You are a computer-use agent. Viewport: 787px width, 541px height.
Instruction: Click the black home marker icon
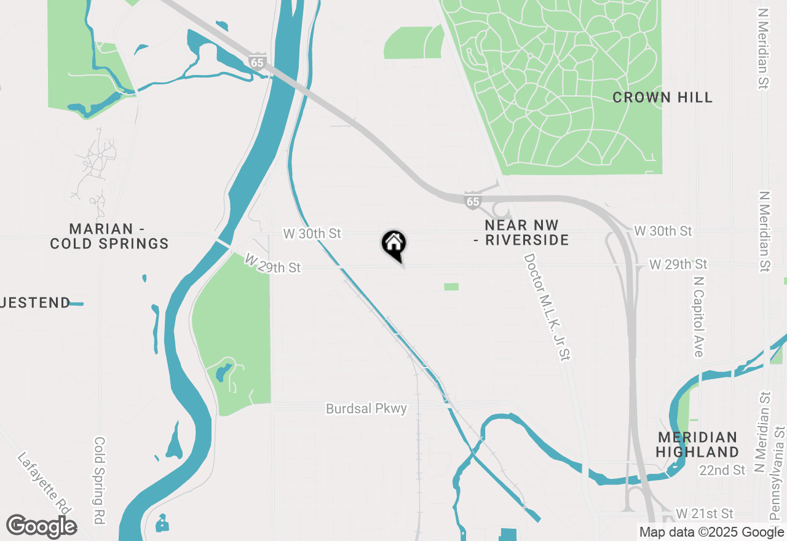point(394,245)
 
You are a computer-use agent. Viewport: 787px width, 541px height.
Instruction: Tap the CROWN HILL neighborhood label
point(662,97)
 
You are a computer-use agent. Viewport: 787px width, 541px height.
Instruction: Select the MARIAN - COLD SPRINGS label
point(109,236)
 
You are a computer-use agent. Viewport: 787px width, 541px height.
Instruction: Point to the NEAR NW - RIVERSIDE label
point(521,232)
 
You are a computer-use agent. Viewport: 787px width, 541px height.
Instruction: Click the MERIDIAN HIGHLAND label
point(697,444)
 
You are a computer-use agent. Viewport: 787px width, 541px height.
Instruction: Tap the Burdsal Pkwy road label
point(366,408)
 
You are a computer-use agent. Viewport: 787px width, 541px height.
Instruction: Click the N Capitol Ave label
point(698,316)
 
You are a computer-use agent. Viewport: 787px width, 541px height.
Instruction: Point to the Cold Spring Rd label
point(100,480)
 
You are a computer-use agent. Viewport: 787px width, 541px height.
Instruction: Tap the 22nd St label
point(722,470)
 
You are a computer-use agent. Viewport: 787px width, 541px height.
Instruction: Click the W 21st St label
point(705,513)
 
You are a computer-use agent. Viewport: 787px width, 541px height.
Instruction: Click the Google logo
point(42,527)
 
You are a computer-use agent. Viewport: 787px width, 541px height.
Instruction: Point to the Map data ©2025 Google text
point(711,532)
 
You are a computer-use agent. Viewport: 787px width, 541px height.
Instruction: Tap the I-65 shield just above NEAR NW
point(472,201)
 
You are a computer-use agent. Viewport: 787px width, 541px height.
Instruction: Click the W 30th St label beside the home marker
point(312,234)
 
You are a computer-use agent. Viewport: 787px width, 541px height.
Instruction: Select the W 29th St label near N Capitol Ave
point(678,264)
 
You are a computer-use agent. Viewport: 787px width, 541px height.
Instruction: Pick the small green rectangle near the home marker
point(451,286)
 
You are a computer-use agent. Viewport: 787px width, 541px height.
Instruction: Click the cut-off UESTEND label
point(36,302)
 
